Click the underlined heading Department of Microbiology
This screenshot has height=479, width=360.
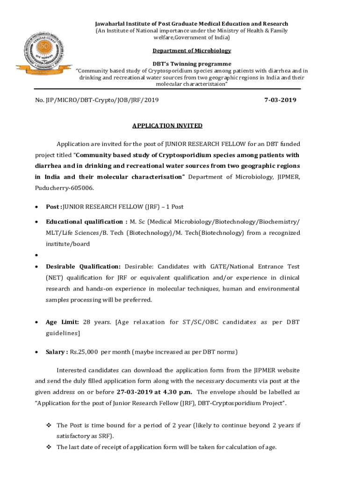(192, 51)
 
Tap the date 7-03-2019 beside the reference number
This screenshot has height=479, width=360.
(280, 100)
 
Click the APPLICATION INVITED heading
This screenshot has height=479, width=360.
(167, 125)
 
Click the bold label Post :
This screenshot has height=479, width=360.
(54, 207)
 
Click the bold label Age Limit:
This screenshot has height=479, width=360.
(62, 322)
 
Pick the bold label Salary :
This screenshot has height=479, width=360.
(57, 351)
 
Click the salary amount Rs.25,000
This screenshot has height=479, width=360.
(84, 351)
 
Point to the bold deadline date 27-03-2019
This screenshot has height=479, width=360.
(136, 392)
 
